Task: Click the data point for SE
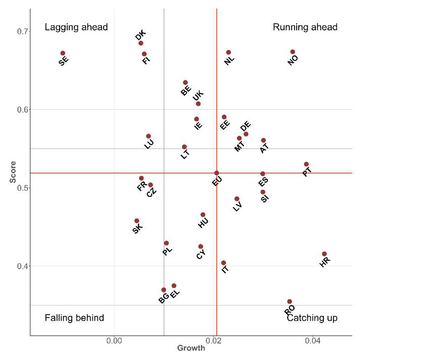pyautogui.click(x=63, y=53)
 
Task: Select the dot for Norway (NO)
pyautogui.click(x=293, y=52)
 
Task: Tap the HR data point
pyautogui.click(x=324, y=254)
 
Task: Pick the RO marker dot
pyautogui.click(x=290, y=301)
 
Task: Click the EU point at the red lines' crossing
pyautogui.click(x=217, y=173)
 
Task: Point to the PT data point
pyautogui.click(x=306, y=164)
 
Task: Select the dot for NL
pyautogui.click(x=228, y=53)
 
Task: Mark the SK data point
pyautogui.click(x=136, y=221)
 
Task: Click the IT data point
pyautogui.click(x=223, y=263)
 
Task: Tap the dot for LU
pyautogui.click(x=149, y=136)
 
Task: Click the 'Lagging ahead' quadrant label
pyautogui.click(x=76, y=27)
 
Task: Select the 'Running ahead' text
pyautogui.click(x=305, y=27)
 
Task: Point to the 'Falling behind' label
pyautogui.click(x=74, y=318)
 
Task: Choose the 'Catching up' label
pyautogui.click(x=312, y=318)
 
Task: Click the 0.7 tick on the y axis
pyautogui.click(x=23, y=31)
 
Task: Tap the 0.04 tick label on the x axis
pyautogui.click(x=312, y=341)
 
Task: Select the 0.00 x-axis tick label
pyautogui.click(x=115, y=341)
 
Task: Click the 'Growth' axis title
pyautogui.click(x=191, y=348)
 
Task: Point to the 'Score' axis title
pyautogui.click(x=13, y=173)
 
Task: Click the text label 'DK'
pyautogui.click(x=140, y=35)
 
